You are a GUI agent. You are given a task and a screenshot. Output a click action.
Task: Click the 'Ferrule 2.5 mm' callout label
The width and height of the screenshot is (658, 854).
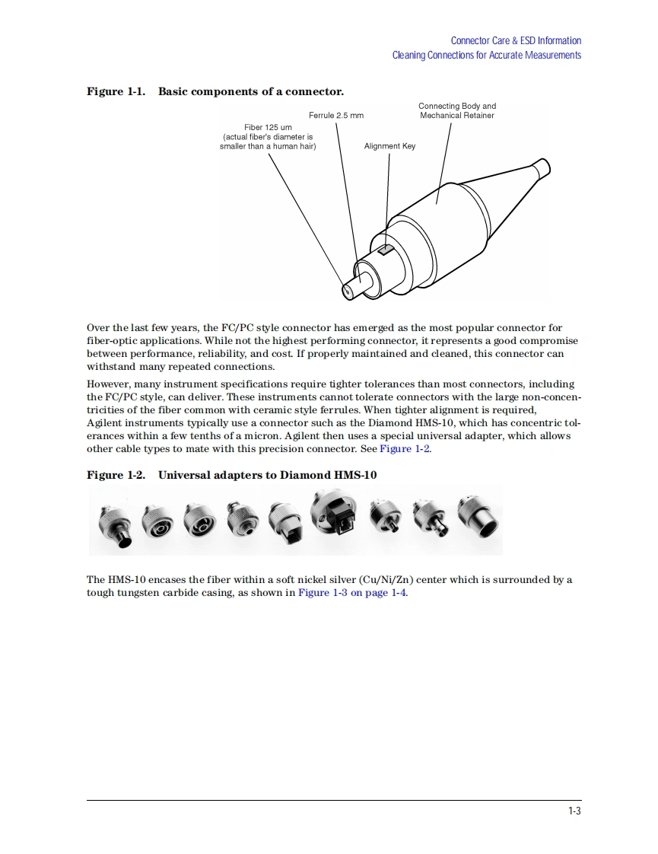335,116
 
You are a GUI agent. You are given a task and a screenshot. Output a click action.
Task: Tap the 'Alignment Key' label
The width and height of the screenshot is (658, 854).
389,146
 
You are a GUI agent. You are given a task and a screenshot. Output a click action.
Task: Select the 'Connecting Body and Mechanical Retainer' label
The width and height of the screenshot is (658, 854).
457,111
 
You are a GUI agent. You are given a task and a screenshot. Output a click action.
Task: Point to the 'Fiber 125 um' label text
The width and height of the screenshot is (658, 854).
268,127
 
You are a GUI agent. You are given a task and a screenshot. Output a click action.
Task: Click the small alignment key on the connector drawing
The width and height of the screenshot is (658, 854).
386,250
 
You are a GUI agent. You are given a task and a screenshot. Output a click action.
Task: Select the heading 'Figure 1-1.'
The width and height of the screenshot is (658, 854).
116,92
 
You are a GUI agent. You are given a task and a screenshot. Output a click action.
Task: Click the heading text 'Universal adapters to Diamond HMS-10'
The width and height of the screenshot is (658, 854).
267,476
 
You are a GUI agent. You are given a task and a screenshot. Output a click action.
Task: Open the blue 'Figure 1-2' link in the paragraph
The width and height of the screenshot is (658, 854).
405,449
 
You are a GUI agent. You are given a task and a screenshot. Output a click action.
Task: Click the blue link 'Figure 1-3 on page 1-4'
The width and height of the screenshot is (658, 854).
352,593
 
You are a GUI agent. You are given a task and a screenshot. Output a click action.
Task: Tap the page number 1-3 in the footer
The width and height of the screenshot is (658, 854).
574,811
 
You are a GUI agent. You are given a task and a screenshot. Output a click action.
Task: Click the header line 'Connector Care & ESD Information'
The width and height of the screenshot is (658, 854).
516,41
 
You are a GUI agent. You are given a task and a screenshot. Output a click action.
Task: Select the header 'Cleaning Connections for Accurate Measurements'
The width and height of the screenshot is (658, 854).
486,55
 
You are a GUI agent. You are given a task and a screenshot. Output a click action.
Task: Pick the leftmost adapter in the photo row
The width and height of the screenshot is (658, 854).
115,525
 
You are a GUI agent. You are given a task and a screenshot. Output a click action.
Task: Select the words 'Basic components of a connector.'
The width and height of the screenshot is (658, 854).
250,92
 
